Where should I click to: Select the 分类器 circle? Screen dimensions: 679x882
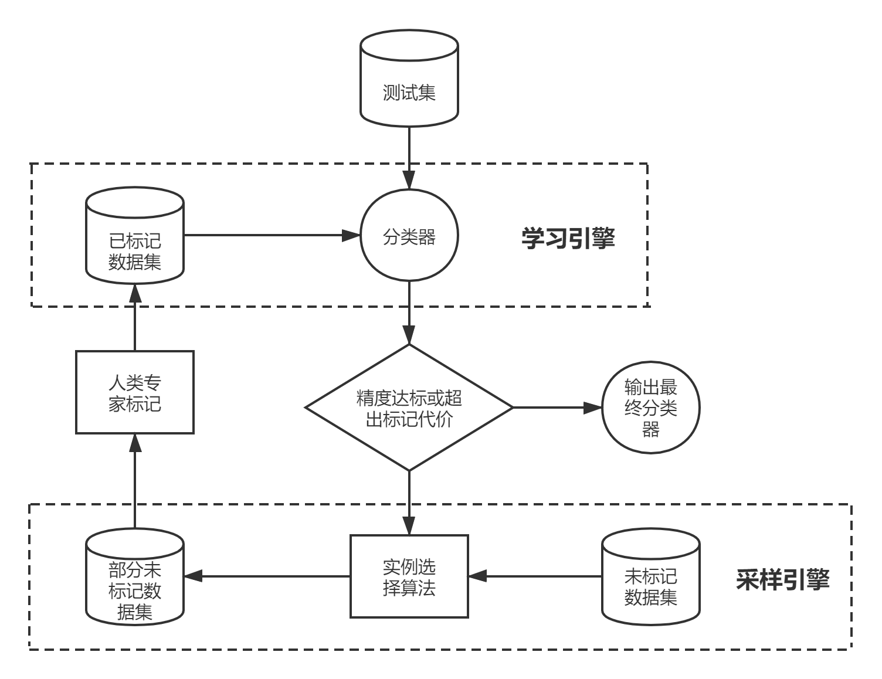409,237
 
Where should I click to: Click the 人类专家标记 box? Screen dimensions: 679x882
135,392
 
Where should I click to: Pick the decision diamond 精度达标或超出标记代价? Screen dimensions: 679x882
409,408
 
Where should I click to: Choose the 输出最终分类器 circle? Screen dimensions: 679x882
651,408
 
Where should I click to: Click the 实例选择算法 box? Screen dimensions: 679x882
409,576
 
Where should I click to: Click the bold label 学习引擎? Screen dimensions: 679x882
568,238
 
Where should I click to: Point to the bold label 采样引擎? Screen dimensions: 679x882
782,579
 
